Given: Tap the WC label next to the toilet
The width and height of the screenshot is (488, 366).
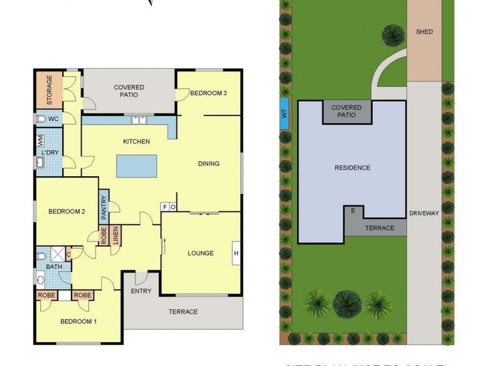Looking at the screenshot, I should tap(54, 119).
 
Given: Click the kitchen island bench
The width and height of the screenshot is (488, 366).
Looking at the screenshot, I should tap(136, 166).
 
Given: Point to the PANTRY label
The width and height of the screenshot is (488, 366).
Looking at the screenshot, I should tap(104, 206).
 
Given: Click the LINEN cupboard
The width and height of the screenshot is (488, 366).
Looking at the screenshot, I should tap(115, 235).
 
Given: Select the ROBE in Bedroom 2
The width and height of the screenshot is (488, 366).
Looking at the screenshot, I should tap(104, 235).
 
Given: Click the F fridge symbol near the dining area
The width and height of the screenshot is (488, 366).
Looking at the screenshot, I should tap(165, 207).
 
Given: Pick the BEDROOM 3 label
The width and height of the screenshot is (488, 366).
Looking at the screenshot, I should tap(208, 93).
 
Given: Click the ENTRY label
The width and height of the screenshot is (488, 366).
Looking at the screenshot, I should tap(141, 291).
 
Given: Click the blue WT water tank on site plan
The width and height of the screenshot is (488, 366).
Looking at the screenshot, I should tap(283, 113).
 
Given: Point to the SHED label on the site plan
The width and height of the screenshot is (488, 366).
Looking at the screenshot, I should tap(424, 32).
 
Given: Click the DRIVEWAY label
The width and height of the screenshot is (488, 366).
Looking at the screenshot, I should tap(425, 213).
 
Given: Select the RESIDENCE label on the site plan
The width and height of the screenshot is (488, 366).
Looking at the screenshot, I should tap(352, 168).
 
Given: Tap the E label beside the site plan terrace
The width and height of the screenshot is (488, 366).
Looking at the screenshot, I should tap(353, 211).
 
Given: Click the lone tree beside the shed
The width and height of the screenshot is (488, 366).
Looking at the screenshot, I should tap(393, 35).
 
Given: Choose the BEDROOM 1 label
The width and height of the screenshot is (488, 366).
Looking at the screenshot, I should tap(77, 321).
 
